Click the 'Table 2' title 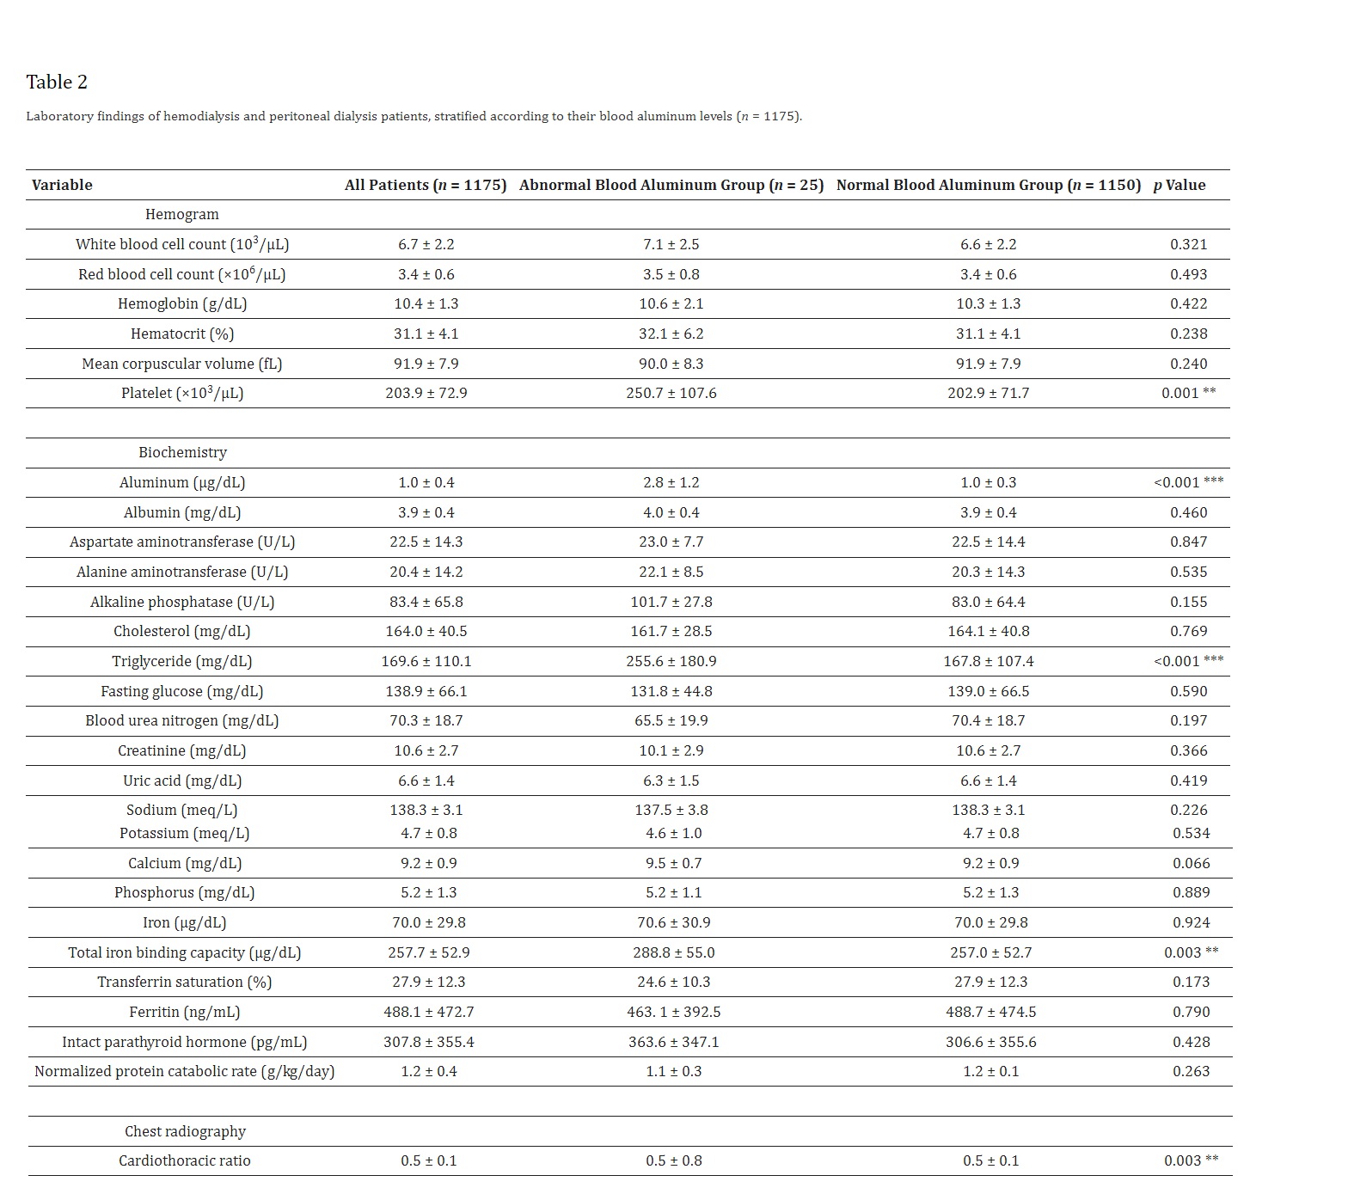(57, 83)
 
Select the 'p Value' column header (1179, 185)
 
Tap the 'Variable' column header (62, 185)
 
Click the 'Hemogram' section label (181, 214)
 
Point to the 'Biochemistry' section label (182, 452)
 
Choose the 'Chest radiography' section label (185, 1131)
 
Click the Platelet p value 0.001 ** (1188, 393)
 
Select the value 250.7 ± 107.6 (671, 393)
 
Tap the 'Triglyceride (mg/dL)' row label (182, 661)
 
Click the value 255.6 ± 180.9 (671, 661)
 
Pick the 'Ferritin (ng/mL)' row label (185, 1012)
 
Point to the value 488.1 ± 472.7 (428, 1012)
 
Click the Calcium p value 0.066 (1191, 863)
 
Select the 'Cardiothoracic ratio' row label (185, 1160)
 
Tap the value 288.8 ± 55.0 (673, 952)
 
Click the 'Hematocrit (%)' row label (182, 334)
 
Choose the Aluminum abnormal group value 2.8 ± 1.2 (671, 482)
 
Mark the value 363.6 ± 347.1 (673, 1042)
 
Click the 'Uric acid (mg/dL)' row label (182, 781)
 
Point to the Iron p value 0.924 (1191, 922)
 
